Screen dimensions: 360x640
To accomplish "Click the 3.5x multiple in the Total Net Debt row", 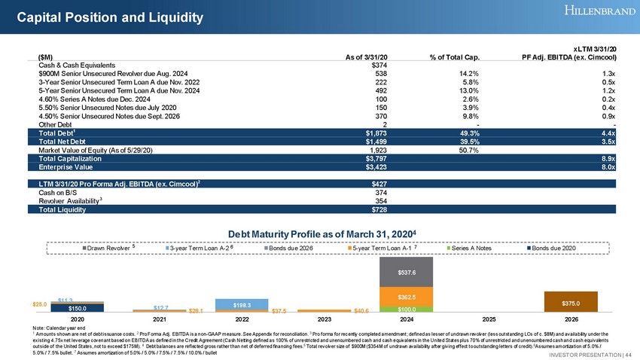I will pyautogui.click(x=608, y=143).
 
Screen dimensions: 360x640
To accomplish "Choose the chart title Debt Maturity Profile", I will pyautogui.click(x=322, y=233).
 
